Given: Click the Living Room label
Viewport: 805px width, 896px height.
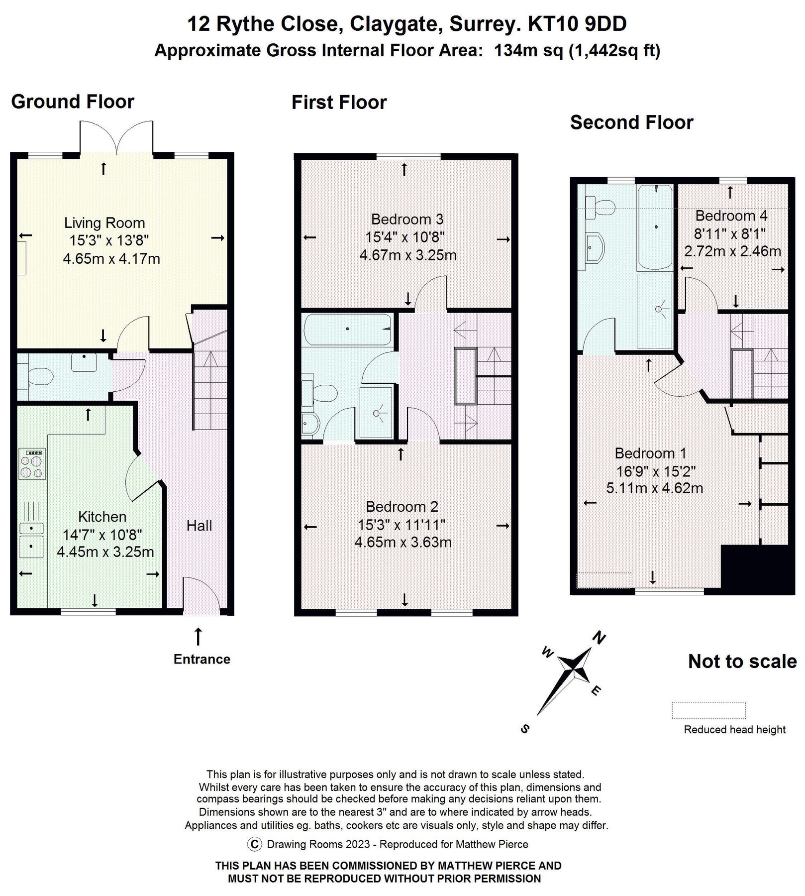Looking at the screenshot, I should point(104,223).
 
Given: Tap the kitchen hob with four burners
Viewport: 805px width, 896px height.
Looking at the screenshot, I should point(32,463).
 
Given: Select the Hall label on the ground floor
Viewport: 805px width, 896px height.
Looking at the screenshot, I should point(199,526).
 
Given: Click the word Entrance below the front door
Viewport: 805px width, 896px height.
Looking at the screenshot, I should point(201,659).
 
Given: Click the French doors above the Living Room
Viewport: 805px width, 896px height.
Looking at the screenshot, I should point(116,137).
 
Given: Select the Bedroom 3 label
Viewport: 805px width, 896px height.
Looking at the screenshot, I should point(407,219).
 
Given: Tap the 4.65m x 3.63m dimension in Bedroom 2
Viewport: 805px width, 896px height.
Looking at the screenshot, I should point(402,542).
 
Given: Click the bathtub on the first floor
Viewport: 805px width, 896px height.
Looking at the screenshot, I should point(347,329).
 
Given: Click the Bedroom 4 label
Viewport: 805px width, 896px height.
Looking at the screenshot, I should point(731,216).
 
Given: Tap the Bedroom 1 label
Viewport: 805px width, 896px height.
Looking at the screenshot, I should point(650,453).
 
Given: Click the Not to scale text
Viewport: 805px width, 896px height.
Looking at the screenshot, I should point(742,662).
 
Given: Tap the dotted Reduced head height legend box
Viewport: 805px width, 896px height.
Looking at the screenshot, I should point(708,710).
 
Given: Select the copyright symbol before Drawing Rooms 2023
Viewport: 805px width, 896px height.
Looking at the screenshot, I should point(254,844).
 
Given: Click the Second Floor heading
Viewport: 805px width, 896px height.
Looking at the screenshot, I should point(631,122).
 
